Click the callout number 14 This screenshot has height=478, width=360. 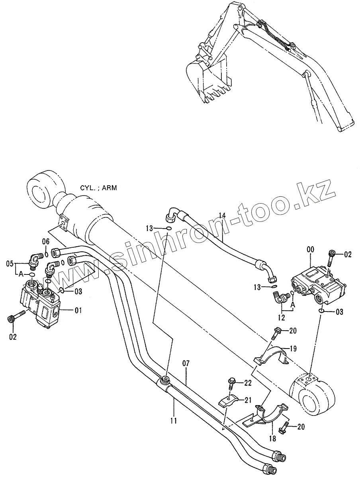point(222,215)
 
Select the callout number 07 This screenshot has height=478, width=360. point(186,363)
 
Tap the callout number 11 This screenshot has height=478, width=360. point(174,420)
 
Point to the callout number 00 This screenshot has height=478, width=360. point(311,249)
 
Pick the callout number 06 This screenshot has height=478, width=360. point(45,241)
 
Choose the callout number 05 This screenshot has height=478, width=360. point(10,263)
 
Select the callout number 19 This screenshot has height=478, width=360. point(293,349)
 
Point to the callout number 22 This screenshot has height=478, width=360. point(248,383)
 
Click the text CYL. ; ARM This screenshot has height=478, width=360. point(98,188)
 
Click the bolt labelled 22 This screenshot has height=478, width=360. point(231,384)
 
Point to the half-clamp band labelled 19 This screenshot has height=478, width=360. point(274,356)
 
